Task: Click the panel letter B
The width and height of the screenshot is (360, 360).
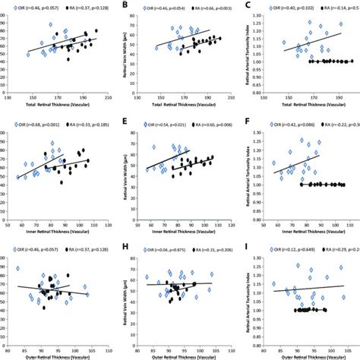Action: tap(125, 6)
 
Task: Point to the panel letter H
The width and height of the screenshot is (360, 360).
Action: tap(125, 245)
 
